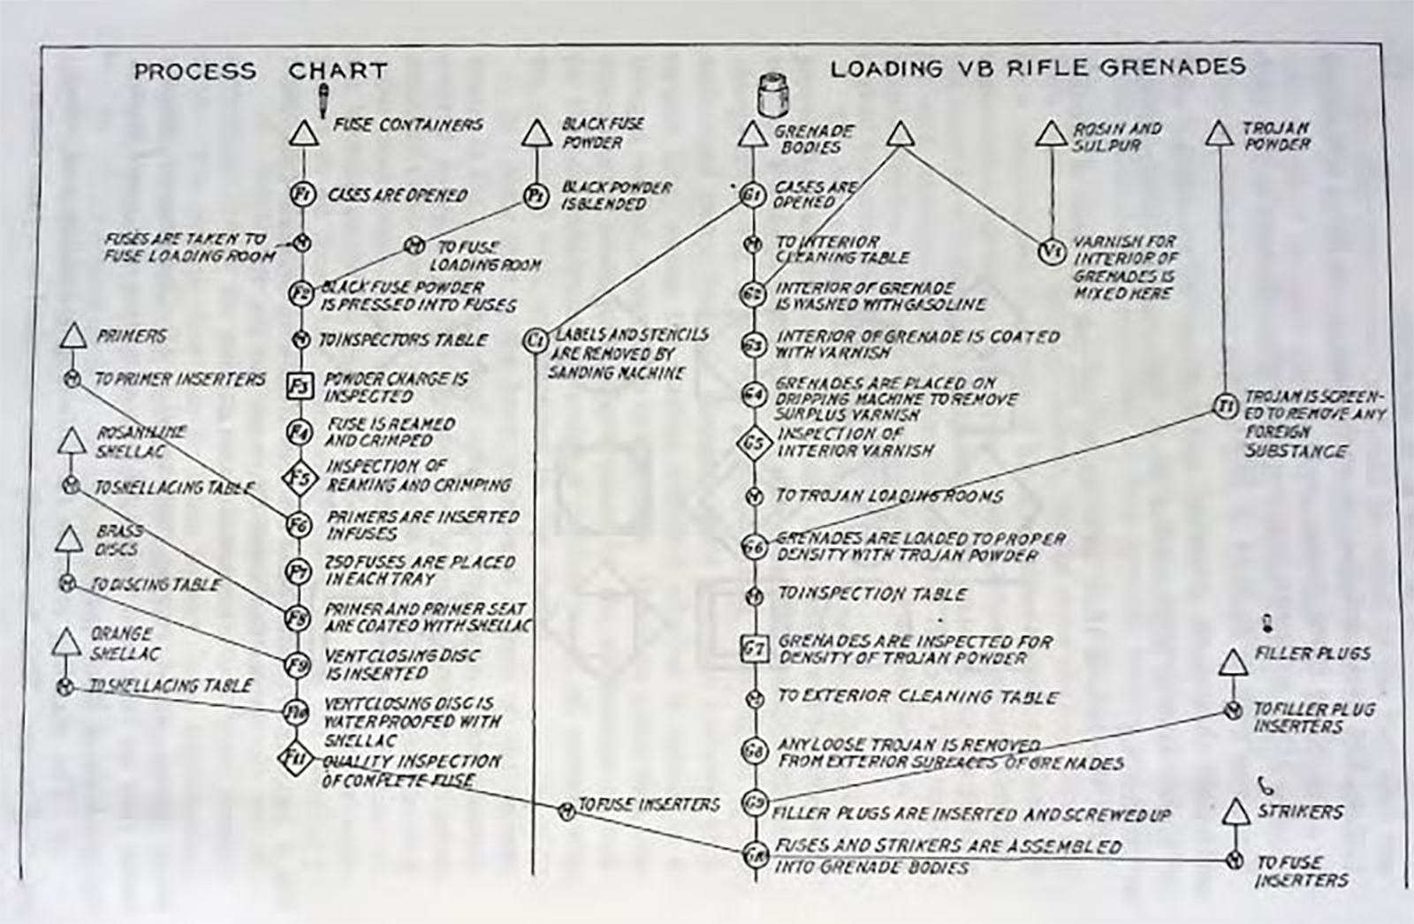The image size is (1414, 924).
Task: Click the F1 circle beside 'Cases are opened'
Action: point(302,194)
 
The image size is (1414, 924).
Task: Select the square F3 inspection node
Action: point(300,386)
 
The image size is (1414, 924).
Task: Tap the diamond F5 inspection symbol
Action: point(300,478)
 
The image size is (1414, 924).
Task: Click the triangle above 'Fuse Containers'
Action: point(303,134)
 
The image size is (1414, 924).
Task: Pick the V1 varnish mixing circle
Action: point(1051,252)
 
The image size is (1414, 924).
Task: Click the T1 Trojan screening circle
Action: point(1225,406)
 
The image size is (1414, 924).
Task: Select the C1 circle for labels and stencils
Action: point(535,340)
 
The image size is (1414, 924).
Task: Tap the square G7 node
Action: point(754,649)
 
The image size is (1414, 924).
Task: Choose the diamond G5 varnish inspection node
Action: point(753,442)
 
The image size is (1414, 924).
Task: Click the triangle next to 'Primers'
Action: point(72,337)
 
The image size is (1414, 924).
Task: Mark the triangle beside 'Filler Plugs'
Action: point(1233,663)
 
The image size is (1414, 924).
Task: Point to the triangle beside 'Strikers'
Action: point(1235,813)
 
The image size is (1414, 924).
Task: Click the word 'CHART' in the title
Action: point(338,71)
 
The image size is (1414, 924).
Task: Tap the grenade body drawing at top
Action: point(773,94)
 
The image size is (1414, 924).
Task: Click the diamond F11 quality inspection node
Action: point(295,758)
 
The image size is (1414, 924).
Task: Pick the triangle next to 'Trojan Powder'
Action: point(1220,134)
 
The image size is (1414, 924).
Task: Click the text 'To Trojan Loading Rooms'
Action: point(889,496)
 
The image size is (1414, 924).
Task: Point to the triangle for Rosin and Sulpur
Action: point(1051,134)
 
